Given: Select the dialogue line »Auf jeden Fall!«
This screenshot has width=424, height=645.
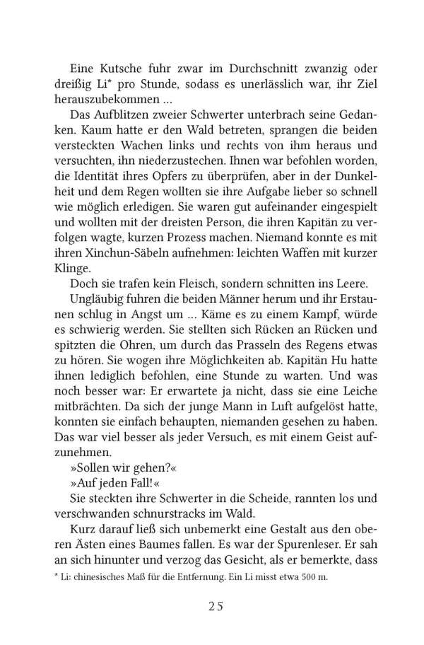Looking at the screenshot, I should pyautogui.click(x=108, y=489).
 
